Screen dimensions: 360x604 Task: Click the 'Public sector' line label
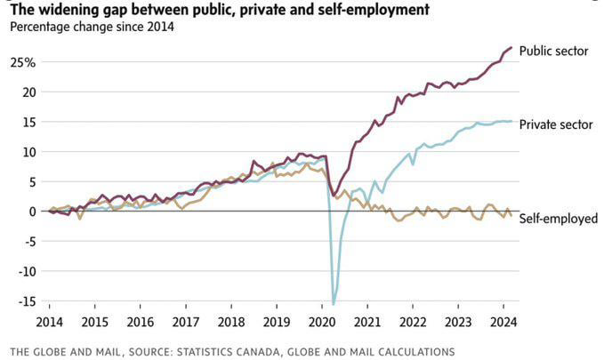click(x=553, y=52)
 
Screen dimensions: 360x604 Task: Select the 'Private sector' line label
click(x=555, y=124)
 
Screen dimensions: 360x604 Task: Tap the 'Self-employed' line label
click(x=558, y=218)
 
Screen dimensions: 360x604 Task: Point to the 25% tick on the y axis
click(x=23, y=62)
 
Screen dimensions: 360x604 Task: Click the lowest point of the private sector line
click(x=334, y=303)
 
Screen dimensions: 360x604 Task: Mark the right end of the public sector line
click(x=511, y=47)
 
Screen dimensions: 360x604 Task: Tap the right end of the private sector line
click(x=511, y=122)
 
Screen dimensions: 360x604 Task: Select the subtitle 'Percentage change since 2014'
click(x=92, y=26)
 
